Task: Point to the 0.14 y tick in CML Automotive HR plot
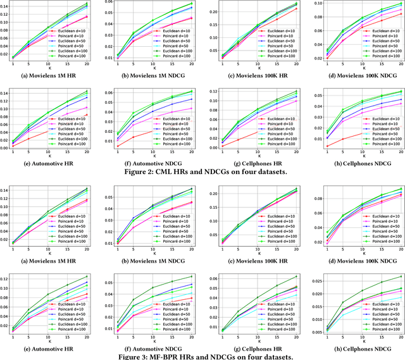point(6,93)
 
